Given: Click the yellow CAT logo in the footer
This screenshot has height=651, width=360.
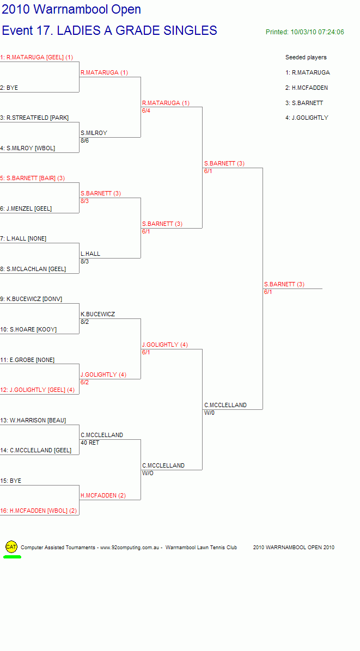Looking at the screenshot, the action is coord(11,547).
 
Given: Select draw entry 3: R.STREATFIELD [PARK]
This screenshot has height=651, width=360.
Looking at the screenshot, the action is coord(34,118).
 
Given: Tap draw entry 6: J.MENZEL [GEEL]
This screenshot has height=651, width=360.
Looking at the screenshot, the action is coord(26,208).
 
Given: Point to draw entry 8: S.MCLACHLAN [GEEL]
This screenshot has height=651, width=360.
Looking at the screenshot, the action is coord(33,269).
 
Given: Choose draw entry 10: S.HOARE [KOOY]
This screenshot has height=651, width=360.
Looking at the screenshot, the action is coord(28,330).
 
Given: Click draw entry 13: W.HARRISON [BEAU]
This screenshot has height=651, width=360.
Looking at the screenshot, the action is coord(33,420).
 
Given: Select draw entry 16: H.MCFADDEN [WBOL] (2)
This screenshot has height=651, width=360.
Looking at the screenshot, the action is coord(39,511).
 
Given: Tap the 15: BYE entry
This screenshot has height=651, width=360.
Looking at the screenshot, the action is coord(11,481).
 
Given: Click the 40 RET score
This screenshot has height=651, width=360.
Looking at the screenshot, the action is coord(90,443).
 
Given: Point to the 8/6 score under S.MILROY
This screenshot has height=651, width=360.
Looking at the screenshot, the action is coord(85,140).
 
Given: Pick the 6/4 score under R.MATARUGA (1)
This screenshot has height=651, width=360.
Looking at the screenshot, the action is coord(146,110).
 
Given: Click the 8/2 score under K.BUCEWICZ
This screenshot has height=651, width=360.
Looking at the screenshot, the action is coord(85,322).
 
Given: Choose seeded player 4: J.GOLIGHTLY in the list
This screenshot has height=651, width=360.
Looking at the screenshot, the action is coord(307,118).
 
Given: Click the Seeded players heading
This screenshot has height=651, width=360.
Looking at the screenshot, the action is coord(306,57).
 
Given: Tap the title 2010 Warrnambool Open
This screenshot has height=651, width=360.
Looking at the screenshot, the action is coord(71,9).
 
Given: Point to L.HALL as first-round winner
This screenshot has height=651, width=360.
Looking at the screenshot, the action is coord(90,254).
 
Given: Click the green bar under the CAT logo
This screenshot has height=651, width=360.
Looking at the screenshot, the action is coord(12,557).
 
